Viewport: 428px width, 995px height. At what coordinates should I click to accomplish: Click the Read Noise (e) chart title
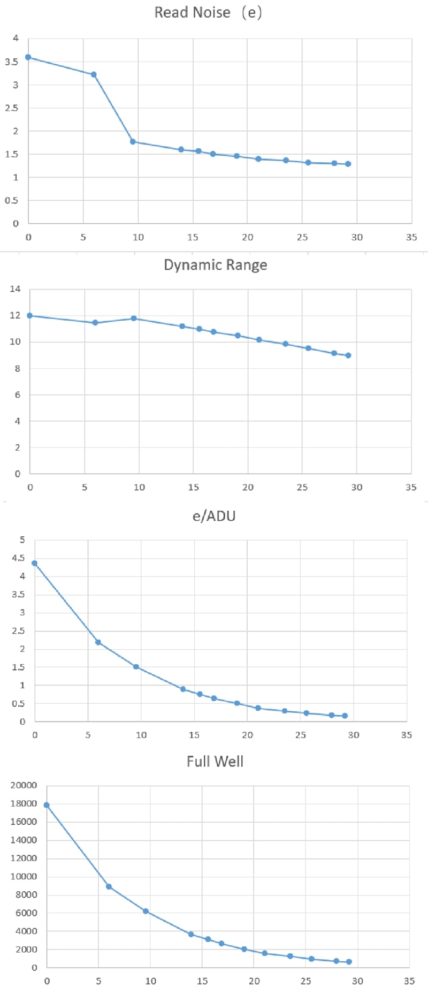(x=208, y=12)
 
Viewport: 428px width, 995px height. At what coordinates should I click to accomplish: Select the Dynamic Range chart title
(x=215, y=265)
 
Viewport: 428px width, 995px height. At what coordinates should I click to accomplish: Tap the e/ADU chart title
(x=214, y=516)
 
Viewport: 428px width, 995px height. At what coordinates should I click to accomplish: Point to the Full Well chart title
(x=215, y=761)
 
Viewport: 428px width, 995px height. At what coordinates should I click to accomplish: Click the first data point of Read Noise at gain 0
(x=28, y=57)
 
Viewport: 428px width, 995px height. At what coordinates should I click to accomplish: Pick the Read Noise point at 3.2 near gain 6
(x=94, y=74)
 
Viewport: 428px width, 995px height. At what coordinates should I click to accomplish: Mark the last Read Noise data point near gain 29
(x=348, y=164)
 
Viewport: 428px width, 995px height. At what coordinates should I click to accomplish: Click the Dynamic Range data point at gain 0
(x=30, y=316)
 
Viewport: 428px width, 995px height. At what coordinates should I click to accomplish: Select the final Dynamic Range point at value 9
(x=348, y=355)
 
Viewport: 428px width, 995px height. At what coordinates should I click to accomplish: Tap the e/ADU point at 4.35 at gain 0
(x=35, y=563)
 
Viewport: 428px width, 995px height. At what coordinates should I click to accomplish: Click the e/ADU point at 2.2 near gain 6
(x=98, y=642)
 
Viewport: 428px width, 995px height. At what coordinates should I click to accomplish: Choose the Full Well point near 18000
(x=47, y=805)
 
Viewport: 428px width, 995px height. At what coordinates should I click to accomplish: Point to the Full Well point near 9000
(x=109, y=886)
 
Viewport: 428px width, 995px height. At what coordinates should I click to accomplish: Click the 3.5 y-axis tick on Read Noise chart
(x=12, y=62)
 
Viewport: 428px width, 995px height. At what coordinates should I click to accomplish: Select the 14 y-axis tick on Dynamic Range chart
(x=15, y=289)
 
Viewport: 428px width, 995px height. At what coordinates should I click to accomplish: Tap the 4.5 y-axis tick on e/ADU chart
(x=19, y=558)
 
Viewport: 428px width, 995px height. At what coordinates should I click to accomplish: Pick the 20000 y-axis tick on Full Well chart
(x=24, y=785)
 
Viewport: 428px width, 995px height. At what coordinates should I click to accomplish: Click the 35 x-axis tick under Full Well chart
(x=409, y=981)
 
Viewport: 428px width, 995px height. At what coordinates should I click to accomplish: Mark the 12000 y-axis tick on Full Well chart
(x=24, y=858)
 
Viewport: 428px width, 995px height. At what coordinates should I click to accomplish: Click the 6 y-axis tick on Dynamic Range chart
(x=17, y=394)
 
